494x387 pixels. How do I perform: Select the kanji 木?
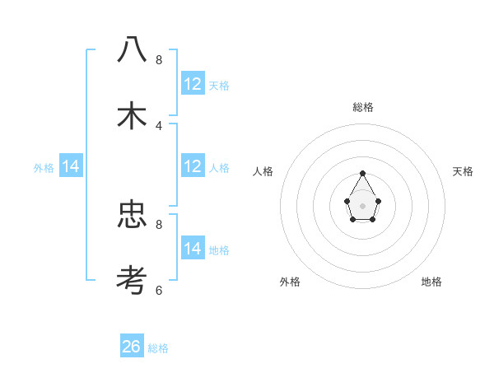132,117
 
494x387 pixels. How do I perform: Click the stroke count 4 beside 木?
159,125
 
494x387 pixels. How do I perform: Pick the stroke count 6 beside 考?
159,290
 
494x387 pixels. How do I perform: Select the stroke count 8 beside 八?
159,60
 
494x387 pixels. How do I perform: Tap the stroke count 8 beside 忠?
159,223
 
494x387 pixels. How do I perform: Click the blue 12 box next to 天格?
193,84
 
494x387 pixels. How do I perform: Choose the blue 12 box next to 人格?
193,166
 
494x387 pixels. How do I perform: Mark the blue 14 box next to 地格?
193,249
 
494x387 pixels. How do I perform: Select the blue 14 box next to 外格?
71,166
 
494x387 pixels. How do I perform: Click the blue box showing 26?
132,347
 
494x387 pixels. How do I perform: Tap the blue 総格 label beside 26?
158,348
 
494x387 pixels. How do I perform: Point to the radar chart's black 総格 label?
363,107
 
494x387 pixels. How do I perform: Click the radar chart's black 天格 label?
464,171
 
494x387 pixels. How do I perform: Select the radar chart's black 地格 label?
431,282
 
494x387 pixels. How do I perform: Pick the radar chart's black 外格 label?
290,282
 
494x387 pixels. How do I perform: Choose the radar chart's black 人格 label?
263,171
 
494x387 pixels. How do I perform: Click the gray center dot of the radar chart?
362,205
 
